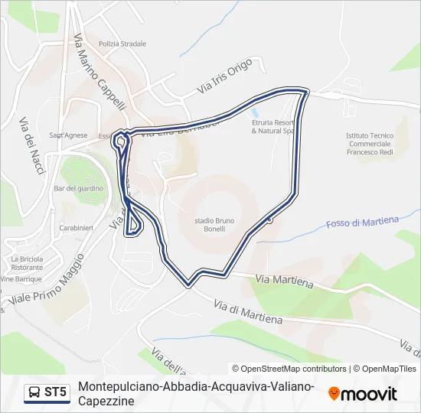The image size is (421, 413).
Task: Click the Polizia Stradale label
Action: pyautogui.click(x=122, y=44)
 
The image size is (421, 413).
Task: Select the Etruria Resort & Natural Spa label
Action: pyautogui.click(x=273, y=126)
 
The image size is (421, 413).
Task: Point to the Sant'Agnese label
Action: pyautogui.click(x=68, y=135)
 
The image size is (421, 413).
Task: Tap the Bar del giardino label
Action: pyautogui.click(x=73, y=188)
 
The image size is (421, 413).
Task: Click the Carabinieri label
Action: pyautogui.click(x=76, y=228)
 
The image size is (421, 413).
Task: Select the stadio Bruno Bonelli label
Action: pyautogui.click(x=214, y=227)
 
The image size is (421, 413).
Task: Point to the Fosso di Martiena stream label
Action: pyautogui.click(x=362, y=222)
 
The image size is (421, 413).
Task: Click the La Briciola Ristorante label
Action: pyautogui.click(x=28, y=263)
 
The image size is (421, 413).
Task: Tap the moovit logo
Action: pyautogui.click(x=362, y=394)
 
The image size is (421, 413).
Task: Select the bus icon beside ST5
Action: pyautogui.click(x=34, y=393)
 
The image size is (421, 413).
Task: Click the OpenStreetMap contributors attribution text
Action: pyautogui.click(x=289, y=369)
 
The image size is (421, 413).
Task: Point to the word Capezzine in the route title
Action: pyautogui.click(x=106, y=401)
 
